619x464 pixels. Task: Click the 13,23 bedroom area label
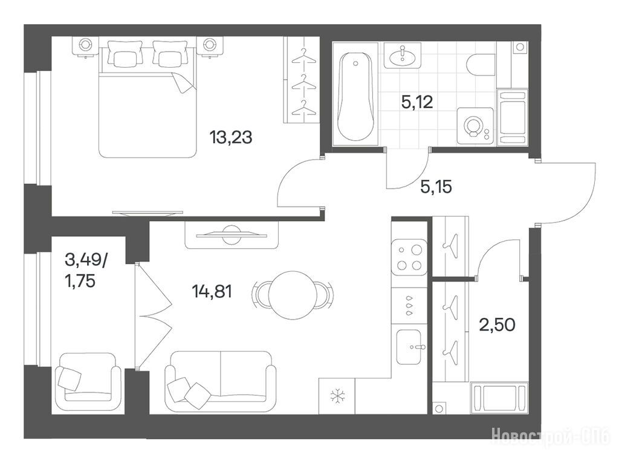coord(231,138)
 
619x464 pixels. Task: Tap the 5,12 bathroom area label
coord(417,103)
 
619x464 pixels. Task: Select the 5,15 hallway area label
coord(436,187)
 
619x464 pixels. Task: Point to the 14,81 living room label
coord(212,292)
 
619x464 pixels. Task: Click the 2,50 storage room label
coord(497,325)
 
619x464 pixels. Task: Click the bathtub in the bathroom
coord(355,97)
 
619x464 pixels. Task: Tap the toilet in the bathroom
coord(481,65)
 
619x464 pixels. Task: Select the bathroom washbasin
coord(402,56)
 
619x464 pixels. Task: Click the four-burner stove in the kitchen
coord(409,257)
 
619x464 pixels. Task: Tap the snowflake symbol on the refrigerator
coord(337,396)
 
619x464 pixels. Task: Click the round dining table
coord(293,295)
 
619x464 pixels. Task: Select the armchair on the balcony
coord(88,382)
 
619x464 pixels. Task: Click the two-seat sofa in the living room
coord(221,381)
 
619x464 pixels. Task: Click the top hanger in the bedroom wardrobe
coord(303,56)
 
